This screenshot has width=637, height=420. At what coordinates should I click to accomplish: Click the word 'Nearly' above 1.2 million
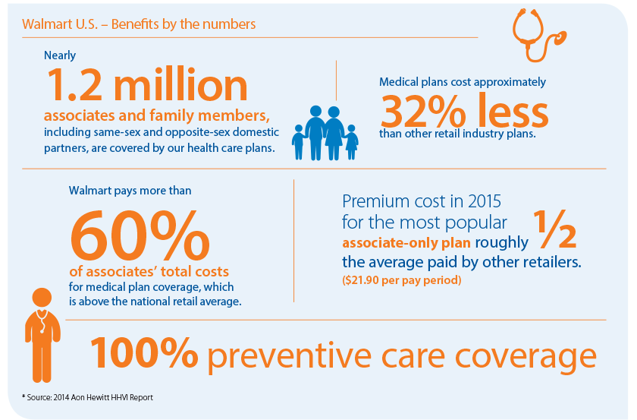click(x=60, y=55)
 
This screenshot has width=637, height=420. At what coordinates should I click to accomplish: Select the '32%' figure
click(x=423, y=111)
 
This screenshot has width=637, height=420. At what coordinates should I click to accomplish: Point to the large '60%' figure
click(x=140, y=235)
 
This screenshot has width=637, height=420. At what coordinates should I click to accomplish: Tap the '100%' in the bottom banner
click(x=144, y=352)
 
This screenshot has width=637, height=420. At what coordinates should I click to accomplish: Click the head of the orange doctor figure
click(x=42, y=298)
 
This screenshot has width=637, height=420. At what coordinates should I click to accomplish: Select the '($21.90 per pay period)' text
click(x=401, y=280)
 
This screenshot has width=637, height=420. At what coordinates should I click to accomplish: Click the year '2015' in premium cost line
click(x=485, y=201)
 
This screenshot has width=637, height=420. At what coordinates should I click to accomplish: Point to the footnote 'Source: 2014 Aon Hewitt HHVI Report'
click(x=87, y=397)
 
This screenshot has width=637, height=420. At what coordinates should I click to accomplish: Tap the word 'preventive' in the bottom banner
click(x=289, y=356)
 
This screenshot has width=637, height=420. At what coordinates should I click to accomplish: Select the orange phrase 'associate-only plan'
click(x=406, y=243)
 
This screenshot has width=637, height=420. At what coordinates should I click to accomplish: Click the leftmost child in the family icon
click(x=299, y=143)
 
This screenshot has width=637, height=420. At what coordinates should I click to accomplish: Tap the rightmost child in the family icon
click(x=351, y=143)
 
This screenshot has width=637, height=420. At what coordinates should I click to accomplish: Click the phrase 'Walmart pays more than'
click(x=130, y=191)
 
